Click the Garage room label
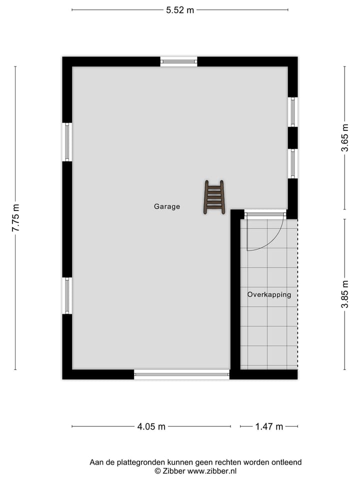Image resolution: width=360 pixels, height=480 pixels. click(x=166, y=206)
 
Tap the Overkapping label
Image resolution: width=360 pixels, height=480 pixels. click(x=269, y=294)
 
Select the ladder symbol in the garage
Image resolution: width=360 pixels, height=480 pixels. click(x=214, y=197)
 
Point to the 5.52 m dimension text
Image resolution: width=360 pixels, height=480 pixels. click(x=180, y=10)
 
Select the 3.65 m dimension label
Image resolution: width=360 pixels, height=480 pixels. click(x=344, y=138)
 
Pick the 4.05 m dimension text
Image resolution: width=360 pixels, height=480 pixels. click(x=151, y=426)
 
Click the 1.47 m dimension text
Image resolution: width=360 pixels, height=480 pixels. click(x=269, y=426)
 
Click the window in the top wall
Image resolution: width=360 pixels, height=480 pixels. click(x=178, y=61)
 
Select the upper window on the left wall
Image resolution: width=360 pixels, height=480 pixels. click(x=67, y=141)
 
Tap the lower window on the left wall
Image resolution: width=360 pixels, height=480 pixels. click(x=67, y=295)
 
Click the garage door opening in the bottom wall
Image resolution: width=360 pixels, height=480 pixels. click(x=181, y=374)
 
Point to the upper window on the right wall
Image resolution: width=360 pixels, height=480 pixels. click(x=292, y=112)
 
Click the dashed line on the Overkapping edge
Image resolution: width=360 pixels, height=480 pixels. click(x=297, y=295)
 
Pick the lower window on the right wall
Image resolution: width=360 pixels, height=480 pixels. click(x=292, y=163)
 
